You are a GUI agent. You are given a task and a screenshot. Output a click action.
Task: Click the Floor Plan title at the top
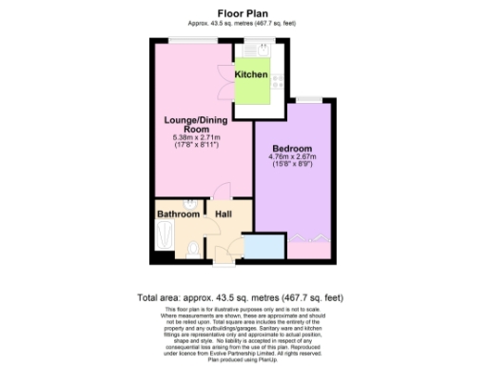tap(243, 13)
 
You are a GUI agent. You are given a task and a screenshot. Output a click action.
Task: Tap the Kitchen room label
tap(251, 74)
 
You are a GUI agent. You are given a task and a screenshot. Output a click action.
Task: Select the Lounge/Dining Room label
tap(190, 124)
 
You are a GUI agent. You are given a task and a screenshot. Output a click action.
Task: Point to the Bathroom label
tap(177, 214)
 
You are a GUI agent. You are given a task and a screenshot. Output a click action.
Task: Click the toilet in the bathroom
tap(193, 250)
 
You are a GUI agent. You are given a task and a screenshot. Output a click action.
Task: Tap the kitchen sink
tap(260, 49)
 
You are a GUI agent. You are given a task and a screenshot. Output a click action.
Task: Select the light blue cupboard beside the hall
tap(264, 247)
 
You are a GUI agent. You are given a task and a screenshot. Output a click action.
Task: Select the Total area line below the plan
tap(242, 297)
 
